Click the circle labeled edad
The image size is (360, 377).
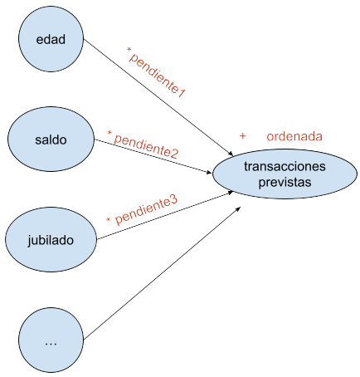click(51, 39)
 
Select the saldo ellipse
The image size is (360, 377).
click(51, 140)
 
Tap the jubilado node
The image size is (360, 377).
click(51, 240)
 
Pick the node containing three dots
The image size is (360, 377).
click(51, 340)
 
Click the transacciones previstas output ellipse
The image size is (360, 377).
click(285, 174)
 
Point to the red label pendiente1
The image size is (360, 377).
click(157, 76)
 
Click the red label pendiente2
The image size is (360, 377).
click(146, 146)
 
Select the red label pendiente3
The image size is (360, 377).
click(146, 210)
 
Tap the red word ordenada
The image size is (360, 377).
click(294, 136)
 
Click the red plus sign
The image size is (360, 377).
click(242, 136)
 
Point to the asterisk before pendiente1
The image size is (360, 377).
click(129, 50)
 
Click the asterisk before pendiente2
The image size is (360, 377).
click(109, 133)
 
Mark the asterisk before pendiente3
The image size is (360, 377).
click(109, 220)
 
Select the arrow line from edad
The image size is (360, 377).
click(158, 97)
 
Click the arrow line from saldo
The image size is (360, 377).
click(153, 156)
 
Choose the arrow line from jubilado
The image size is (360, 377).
click(165, 215)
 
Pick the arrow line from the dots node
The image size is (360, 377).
click(163, 273)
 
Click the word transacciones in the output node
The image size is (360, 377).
click(285, 166)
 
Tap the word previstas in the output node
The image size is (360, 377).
click(285, 182)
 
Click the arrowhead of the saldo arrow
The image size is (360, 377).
click(209, 173)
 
